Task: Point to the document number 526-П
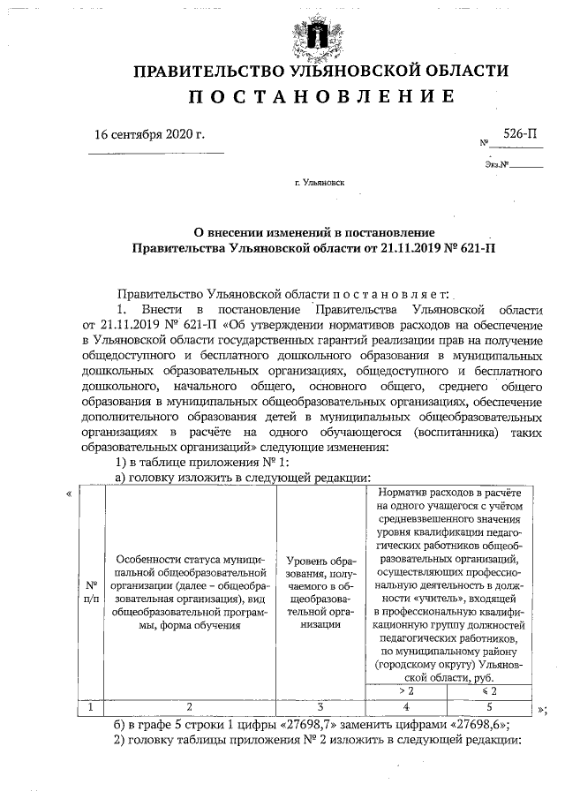pyautogui.click(x=517, y=133)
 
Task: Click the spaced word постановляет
pyautogui.click(x=391, y=292)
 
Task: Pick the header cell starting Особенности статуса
pyautogui.click(x=190, y=591)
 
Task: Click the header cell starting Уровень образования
pyautogui.click(x=320, y=591)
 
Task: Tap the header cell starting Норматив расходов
pyautogui.click(x=449, y=583)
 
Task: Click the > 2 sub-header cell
pyautogui.click(x=406, y=690)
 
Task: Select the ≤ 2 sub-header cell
pyautogui.click(x=491, y=690)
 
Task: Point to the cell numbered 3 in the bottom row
pyautogui.click(x=320, y=705)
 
